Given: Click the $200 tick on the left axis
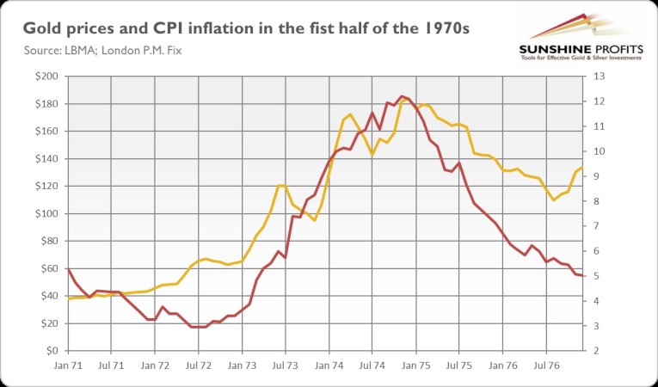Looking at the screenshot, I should click(47, 77).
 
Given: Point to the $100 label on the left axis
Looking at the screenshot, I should click(47, 214).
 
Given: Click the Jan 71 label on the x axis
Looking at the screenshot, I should click(69, 365).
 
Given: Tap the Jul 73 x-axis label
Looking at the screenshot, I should click(286, 365).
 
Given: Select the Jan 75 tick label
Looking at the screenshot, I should click(416, 365).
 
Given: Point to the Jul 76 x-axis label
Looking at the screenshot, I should click(546, 365).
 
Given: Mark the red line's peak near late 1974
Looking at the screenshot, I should click(402, 96).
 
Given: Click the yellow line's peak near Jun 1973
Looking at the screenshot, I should click(280, 186).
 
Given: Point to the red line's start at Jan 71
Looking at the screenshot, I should click(69, 270).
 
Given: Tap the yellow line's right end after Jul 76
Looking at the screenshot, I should click(583, 168).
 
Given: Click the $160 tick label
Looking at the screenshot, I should click(47, 132).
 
